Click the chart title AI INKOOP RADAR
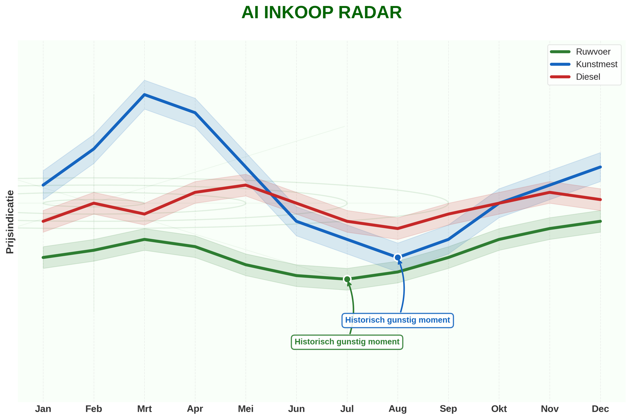(x=321, y=13)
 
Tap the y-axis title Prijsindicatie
(x=10, y=222)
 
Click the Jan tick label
(x=43, y=409)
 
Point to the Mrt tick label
(x=144, y=409)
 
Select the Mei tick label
(x=246, y=409)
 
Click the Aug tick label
(x=398, y=409)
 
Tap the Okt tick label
(x=499, y=409)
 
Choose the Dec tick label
(x=600, y=409)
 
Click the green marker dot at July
(x=347, y=279)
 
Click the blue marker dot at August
(x=398, y=258)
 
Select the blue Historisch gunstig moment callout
(x=398, y=320)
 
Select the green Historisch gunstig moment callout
(x=347, y=342)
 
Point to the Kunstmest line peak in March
(x=144, y=94)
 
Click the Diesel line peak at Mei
(x=246, y=185)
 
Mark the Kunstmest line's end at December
(x=600, y=167)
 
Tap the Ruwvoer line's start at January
(x=43, y=258)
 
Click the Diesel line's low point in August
(x=398, y=228)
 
